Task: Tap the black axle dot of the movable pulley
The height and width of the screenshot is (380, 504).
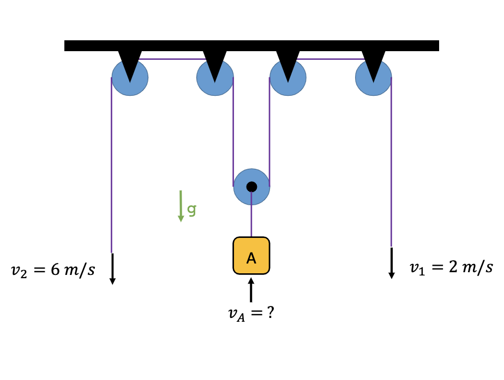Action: pyautogui.click(x=251, y=187)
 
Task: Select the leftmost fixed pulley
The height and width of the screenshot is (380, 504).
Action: pyautogui.click(x=130, y=82)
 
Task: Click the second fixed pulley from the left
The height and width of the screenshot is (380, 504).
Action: pyautogui.click(x=215, y=82)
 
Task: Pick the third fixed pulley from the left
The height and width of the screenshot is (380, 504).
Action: pyautogui.click(x=288, y=82)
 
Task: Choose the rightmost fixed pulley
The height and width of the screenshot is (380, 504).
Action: pyautogui.click(x=373, y=82)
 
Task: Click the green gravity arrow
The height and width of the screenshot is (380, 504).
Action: pyautogui.click(x=181, y=206)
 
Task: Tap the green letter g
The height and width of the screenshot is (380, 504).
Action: pyautogui.click(x=191, y=209)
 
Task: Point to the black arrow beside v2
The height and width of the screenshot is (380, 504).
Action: pyautogui.click(x=112, y=268)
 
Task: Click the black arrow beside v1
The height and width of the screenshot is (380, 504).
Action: pyautogui.click(x=392, y=263)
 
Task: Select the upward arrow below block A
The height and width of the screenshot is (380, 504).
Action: pyautogui.click(x=251, y=290)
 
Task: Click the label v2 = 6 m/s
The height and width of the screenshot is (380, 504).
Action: pyautogui.click(x=53, y=270)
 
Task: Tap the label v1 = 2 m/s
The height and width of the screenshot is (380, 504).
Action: pyautogui.click(x=451, y=267)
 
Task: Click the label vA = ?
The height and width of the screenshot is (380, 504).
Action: pyautogui.click(x=250, y=314)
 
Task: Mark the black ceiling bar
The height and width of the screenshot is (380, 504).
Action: pyautogui.click(x=251, y=46)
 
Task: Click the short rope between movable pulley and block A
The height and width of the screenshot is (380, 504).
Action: pyautogui.click(x=251, y=221)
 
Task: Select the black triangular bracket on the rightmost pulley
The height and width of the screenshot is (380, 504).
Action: pyautogui.click(x=374, y=63)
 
